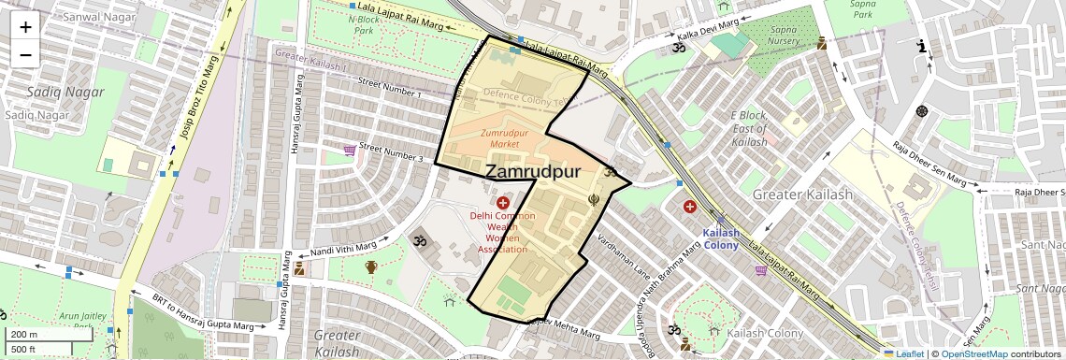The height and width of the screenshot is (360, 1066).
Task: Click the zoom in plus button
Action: (x=25, y=27)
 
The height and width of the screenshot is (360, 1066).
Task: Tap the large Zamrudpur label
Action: (x=533, y=172)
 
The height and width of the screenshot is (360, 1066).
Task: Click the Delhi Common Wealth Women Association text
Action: (x=502, y=232)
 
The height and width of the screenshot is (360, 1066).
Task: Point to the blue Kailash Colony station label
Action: (x=721, y=238)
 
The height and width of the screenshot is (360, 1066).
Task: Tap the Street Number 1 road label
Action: (x=390, y=88)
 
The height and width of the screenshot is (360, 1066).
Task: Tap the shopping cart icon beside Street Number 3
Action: (x=350, y=149)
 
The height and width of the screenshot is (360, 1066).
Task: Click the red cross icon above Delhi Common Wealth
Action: (x=503, y=203)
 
